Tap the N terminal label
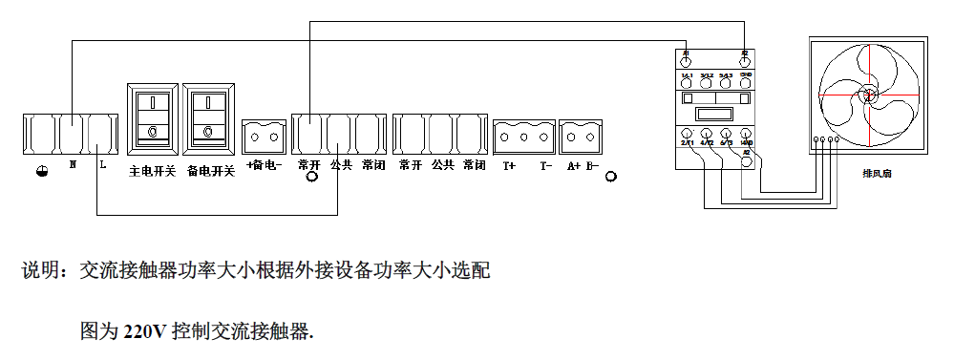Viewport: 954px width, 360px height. [73, 164]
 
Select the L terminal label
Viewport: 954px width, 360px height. [102, 164]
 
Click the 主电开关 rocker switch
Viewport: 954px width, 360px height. [152, 116]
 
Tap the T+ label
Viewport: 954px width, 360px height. [508, 165]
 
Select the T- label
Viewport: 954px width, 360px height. [545, 165]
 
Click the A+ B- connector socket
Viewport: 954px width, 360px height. [580, 137]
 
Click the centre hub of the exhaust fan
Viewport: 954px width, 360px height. [868, 95]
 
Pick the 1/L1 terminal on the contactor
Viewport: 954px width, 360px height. [687, 81]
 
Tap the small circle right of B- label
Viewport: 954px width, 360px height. [612, 177]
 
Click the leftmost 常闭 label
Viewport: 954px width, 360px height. [373, 165]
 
